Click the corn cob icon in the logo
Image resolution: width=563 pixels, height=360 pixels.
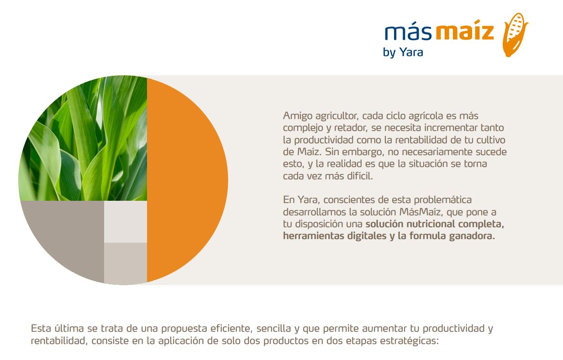pos(515,35)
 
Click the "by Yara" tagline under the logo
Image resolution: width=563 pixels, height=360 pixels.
pos(403,52)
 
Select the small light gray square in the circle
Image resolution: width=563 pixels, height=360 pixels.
pos(126,222)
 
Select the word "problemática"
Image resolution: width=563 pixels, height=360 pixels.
pos(442,200)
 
